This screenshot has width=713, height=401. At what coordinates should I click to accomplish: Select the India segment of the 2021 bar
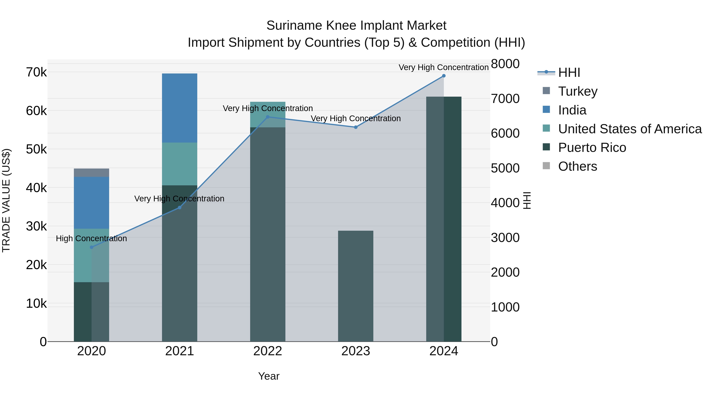[x=179, y=108]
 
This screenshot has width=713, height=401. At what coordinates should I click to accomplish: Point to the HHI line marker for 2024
[x=444, y=76]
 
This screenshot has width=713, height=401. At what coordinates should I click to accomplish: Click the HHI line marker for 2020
[x=92, y=247]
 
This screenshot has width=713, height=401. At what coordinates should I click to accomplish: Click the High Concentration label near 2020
[x=91, y=238]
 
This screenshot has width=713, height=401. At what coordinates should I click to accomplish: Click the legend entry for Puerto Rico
[x=592, y=148]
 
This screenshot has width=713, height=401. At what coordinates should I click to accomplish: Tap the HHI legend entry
[x=569, y=72]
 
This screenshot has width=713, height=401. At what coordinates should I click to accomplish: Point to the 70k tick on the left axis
[x=36, y=72]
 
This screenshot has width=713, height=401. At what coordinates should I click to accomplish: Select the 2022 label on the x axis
[x=268, y=351]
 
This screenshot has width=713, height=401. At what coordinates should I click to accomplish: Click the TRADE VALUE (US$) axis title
[x=6, y=200]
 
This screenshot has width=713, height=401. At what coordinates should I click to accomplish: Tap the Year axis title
[x=269, y=376]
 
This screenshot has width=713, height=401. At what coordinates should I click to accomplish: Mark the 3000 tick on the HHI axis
[x=505, y=237]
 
